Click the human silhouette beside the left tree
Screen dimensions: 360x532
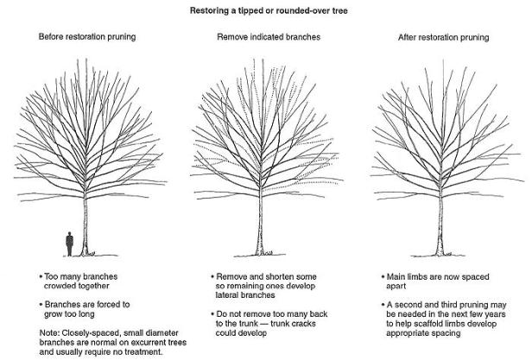(x=69, y=243)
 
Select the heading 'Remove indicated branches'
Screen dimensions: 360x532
(x=266, y=37)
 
